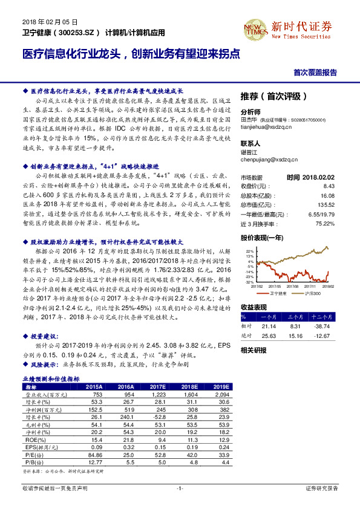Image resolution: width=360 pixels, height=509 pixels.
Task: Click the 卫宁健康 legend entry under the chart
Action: pyautogui.click(x=273, y=293)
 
